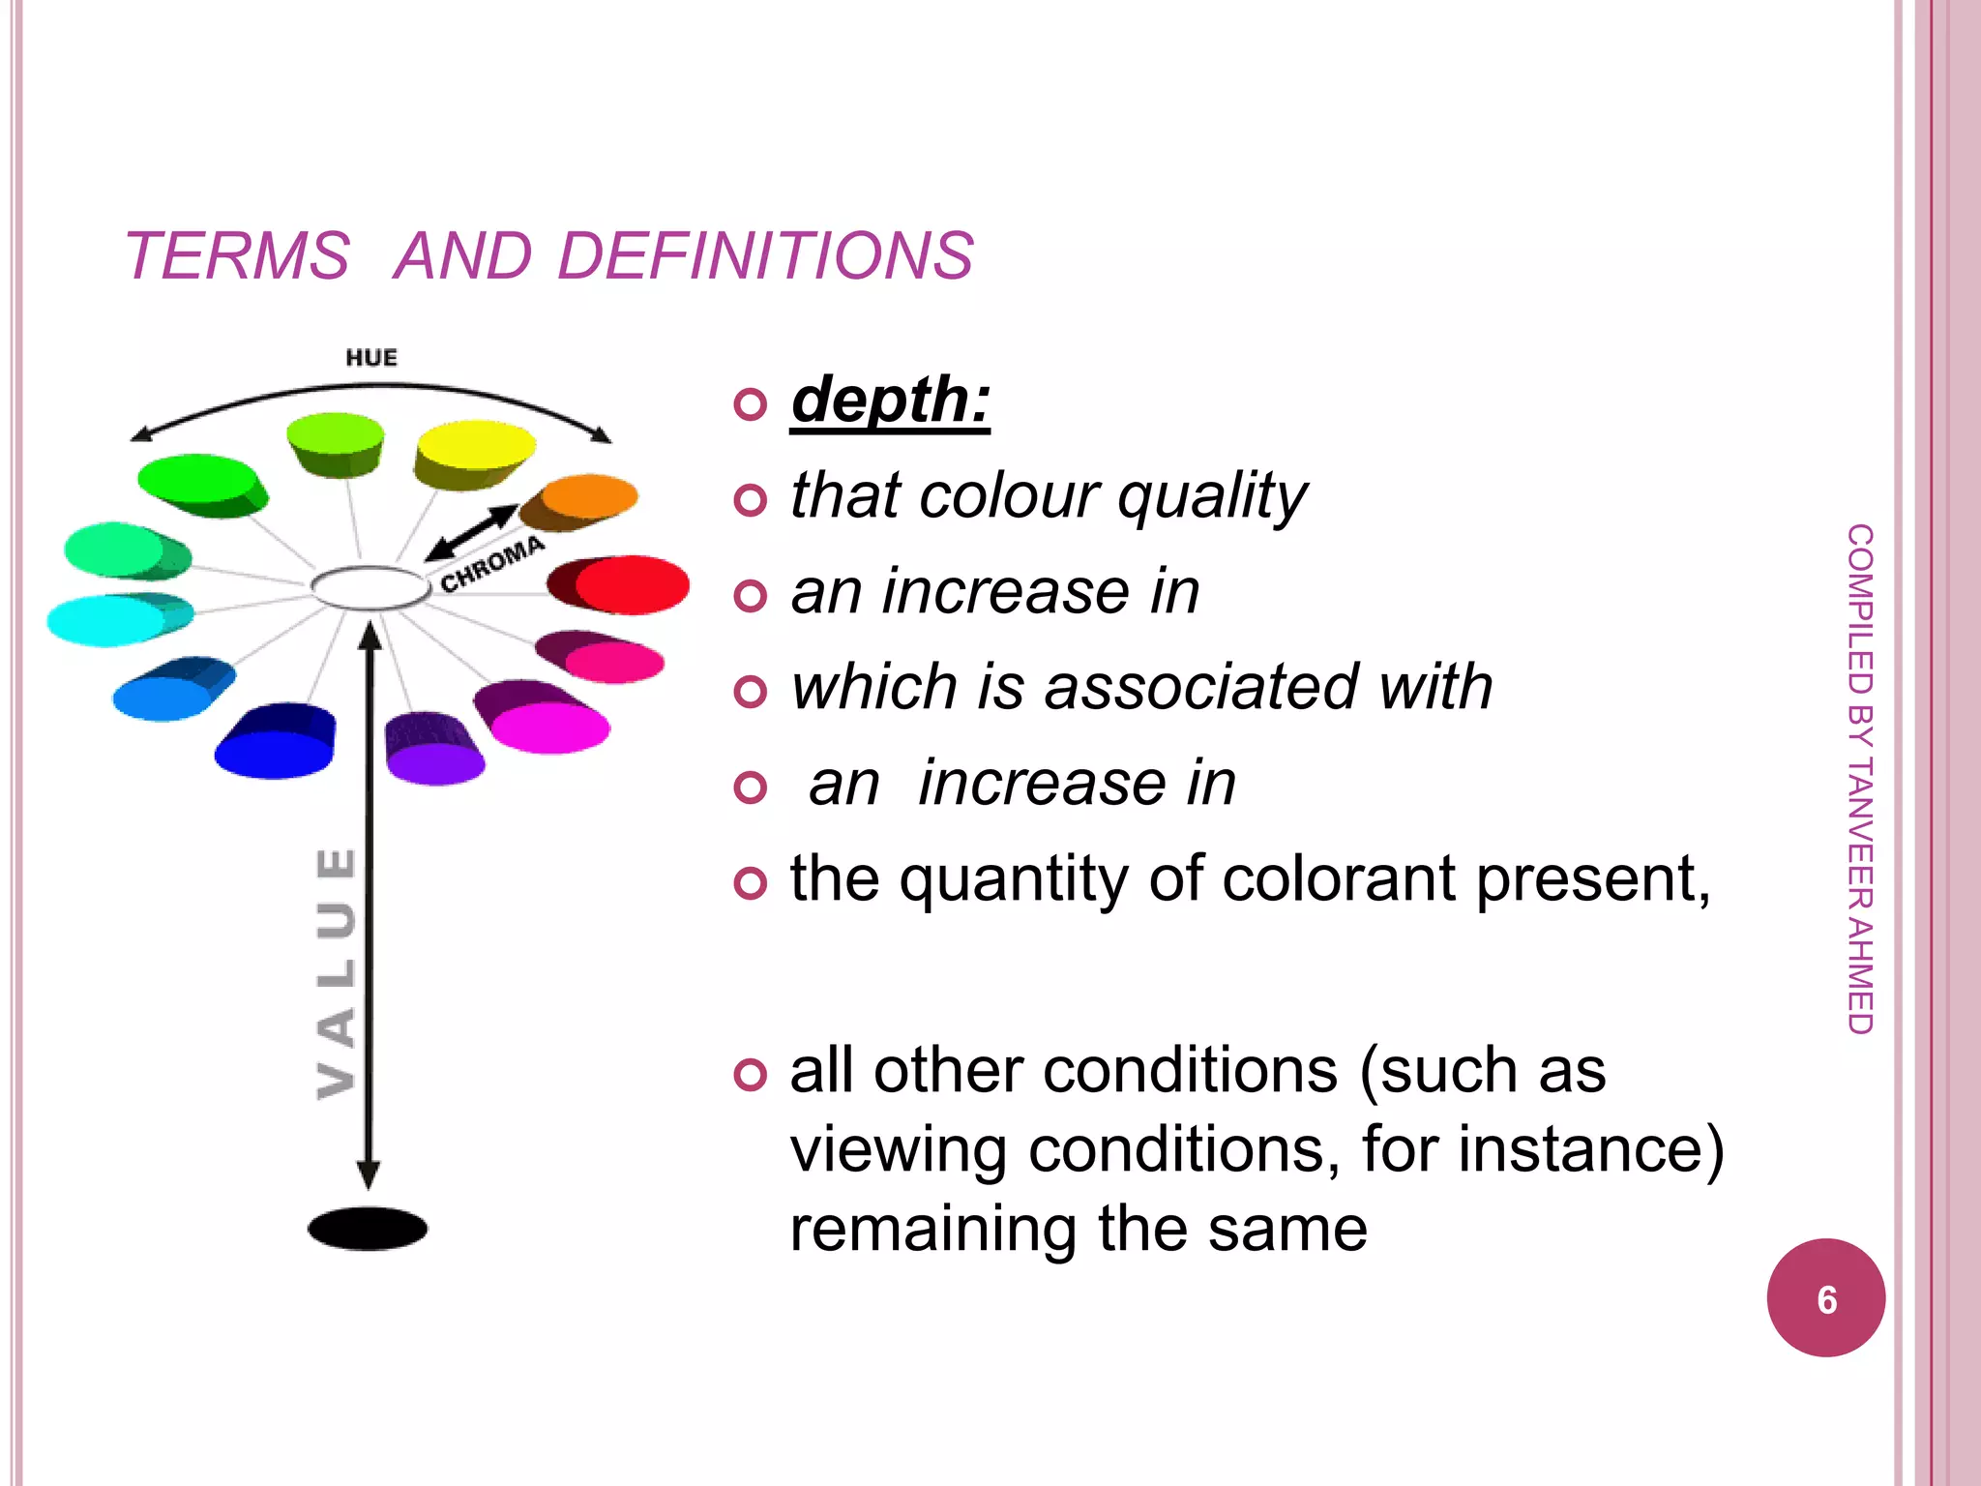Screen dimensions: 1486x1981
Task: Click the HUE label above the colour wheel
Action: click(x=371, y=358)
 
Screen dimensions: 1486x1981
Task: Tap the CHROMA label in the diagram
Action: click(x=492, y=565)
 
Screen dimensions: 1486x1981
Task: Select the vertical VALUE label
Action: click(x=337, y=972)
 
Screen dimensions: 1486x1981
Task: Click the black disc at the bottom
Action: click(x=368, y=1229)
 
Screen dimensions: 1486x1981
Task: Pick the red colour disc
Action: click(x=629, y=584)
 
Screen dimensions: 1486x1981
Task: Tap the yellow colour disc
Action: click(x=476, y=445)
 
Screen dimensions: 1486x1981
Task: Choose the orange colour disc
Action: click(x=588, y=497)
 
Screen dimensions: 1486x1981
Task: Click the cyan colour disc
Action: click(x=108, y=619)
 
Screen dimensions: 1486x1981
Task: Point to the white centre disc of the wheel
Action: click(x=370, y=586)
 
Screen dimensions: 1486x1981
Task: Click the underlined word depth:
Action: click(x=890, y=401)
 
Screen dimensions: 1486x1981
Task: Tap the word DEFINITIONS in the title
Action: click(x=765, y=256)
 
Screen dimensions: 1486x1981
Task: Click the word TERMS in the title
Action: click(x=237, y=256)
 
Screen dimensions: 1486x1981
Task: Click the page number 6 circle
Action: click(x=1825, y=1298)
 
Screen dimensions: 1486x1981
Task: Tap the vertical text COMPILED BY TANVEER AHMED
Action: click(x=1859, y=779)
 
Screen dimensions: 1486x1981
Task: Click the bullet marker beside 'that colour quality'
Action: click(x=750, y=499)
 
